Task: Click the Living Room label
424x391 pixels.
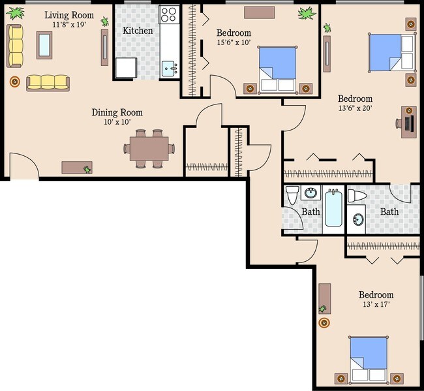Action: (x=68, y=15)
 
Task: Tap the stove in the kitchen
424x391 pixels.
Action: (x=169, y=15)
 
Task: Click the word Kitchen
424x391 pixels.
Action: (x=138, y=31)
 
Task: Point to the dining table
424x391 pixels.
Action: (x=148, y=148)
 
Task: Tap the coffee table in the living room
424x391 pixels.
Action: (x=44, y=44)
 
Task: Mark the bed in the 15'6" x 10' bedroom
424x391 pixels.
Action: (x=278, y=69)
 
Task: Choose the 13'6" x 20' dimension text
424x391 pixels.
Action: (x=355, y=109)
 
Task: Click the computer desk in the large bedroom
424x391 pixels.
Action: (x=408, y=122)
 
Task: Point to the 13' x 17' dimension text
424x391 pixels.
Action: (x=376, y=305)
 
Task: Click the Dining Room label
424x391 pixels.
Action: (x=117, y=112)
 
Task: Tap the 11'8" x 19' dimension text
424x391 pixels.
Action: (x=68, y=25)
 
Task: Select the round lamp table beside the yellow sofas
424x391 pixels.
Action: (x=14, y=82)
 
